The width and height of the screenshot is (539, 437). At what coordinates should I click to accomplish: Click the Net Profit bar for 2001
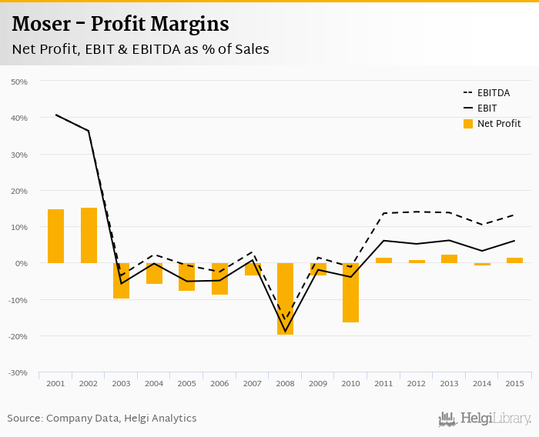(x=55, y=236)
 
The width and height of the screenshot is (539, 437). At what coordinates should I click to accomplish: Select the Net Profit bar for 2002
(x=89, y=235)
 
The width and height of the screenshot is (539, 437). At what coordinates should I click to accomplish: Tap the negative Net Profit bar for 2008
(x=285, y=299)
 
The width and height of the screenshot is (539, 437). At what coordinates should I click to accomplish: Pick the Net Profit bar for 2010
(x=350, y=292)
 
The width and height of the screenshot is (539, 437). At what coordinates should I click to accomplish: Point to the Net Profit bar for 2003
(x=121, y=281)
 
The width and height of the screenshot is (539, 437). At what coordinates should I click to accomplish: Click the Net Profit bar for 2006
(x=219, y=279)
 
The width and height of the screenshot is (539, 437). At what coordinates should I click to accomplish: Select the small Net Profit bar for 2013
(x=449, y=259)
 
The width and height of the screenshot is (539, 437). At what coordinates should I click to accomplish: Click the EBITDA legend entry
(x=493, y=93)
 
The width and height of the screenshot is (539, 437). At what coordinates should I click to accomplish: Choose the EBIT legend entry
(x=487, y=108)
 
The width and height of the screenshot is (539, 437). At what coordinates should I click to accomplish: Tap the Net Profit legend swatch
(x=467, y=124)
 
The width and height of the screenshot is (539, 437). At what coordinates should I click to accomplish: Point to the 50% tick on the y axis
(x=18, y=82)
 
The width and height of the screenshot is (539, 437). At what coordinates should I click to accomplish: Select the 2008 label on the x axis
(x=285, y=383)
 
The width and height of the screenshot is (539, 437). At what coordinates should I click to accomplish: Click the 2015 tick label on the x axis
(x=514, y=383)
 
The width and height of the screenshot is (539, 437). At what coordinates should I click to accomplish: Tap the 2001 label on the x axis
(x=55, y=383)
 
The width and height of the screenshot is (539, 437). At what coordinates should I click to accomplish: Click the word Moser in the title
(x=42, y=25)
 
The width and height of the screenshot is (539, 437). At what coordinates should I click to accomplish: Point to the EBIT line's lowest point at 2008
(x=285, y=332)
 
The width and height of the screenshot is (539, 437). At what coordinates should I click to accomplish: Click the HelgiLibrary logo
(x=484, y=419)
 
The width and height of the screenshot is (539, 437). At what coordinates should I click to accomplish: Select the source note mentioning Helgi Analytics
(x=102, y=419)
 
